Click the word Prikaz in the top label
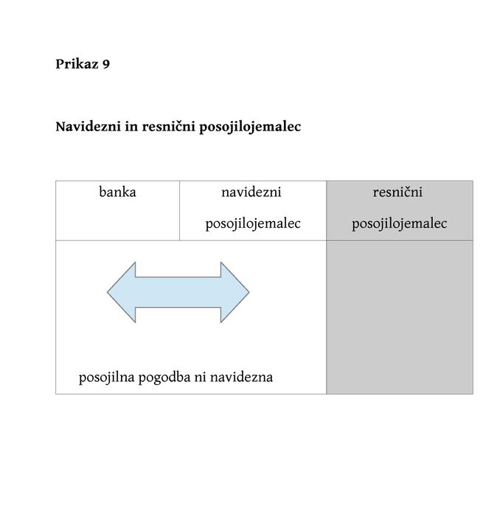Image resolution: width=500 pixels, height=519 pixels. coord(77,64)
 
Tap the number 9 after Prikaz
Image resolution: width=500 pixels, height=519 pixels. coord(106,64)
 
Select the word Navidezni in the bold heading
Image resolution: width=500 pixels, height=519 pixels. coord(88,127)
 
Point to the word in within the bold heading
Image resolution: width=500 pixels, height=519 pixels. coord(131,127)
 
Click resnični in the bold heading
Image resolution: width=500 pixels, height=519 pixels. coord(169,127)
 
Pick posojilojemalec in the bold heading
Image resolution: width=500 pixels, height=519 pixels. coord(250,127)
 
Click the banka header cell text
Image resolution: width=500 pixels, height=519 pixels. coord(117,192)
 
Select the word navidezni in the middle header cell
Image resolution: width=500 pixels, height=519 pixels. coord(251,192)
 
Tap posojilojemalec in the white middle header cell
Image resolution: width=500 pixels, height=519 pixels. coord(253,223)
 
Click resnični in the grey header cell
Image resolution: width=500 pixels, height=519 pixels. coord(397,192)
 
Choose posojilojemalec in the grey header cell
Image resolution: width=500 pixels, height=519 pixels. coord(400,223)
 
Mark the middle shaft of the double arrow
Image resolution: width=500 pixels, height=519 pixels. coord(178,292)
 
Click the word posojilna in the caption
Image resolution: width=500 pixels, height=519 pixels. coord(106,377)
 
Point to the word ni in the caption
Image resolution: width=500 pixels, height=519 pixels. coord(201,377)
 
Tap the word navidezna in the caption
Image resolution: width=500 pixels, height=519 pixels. coord(241,377)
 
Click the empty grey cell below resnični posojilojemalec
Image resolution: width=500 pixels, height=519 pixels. coord(400,317)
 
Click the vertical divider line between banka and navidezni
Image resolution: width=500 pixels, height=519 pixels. coord(179,211)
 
